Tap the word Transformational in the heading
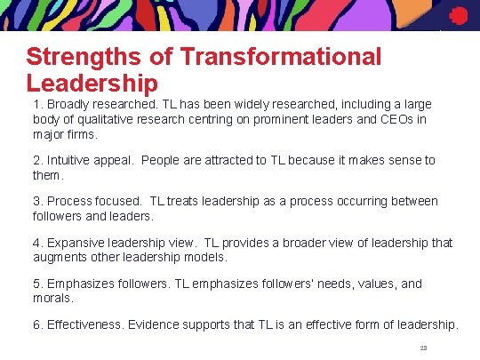280,58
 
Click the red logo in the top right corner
458,15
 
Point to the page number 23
423,348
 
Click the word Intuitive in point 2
72,160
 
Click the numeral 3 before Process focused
36,201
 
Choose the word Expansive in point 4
78,243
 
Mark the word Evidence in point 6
155,324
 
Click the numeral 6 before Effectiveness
36,324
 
